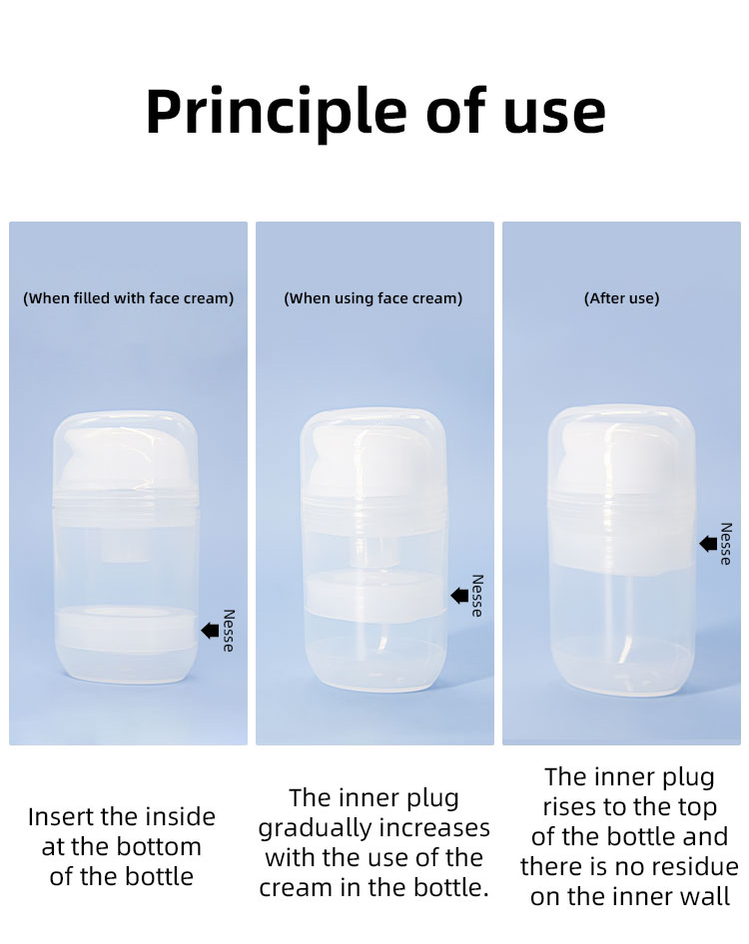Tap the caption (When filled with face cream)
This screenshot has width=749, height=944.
tap(129, 298)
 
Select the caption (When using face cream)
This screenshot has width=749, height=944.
tap(373, 298)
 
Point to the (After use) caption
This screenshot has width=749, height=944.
tap(622, 298)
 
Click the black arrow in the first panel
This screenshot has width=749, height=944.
tap(211, 631)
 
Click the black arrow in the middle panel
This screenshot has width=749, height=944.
tap(459, 596)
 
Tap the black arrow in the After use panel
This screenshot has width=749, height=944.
tap(708, 544)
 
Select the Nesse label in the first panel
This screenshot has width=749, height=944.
tap(228, 631)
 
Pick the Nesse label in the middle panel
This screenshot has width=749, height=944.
tap(477, 596)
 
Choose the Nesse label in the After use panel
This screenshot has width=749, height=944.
tap(726, 544)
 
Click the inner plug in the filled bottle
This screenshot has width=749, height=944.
tap(126, 628)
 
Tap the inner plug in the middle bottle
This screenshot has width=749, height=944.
tap(374, 593)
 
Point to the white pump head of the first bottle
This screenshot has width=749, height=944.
tap(126, 458)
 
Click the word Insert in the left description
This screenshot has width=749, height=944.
tap(61, 817)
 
